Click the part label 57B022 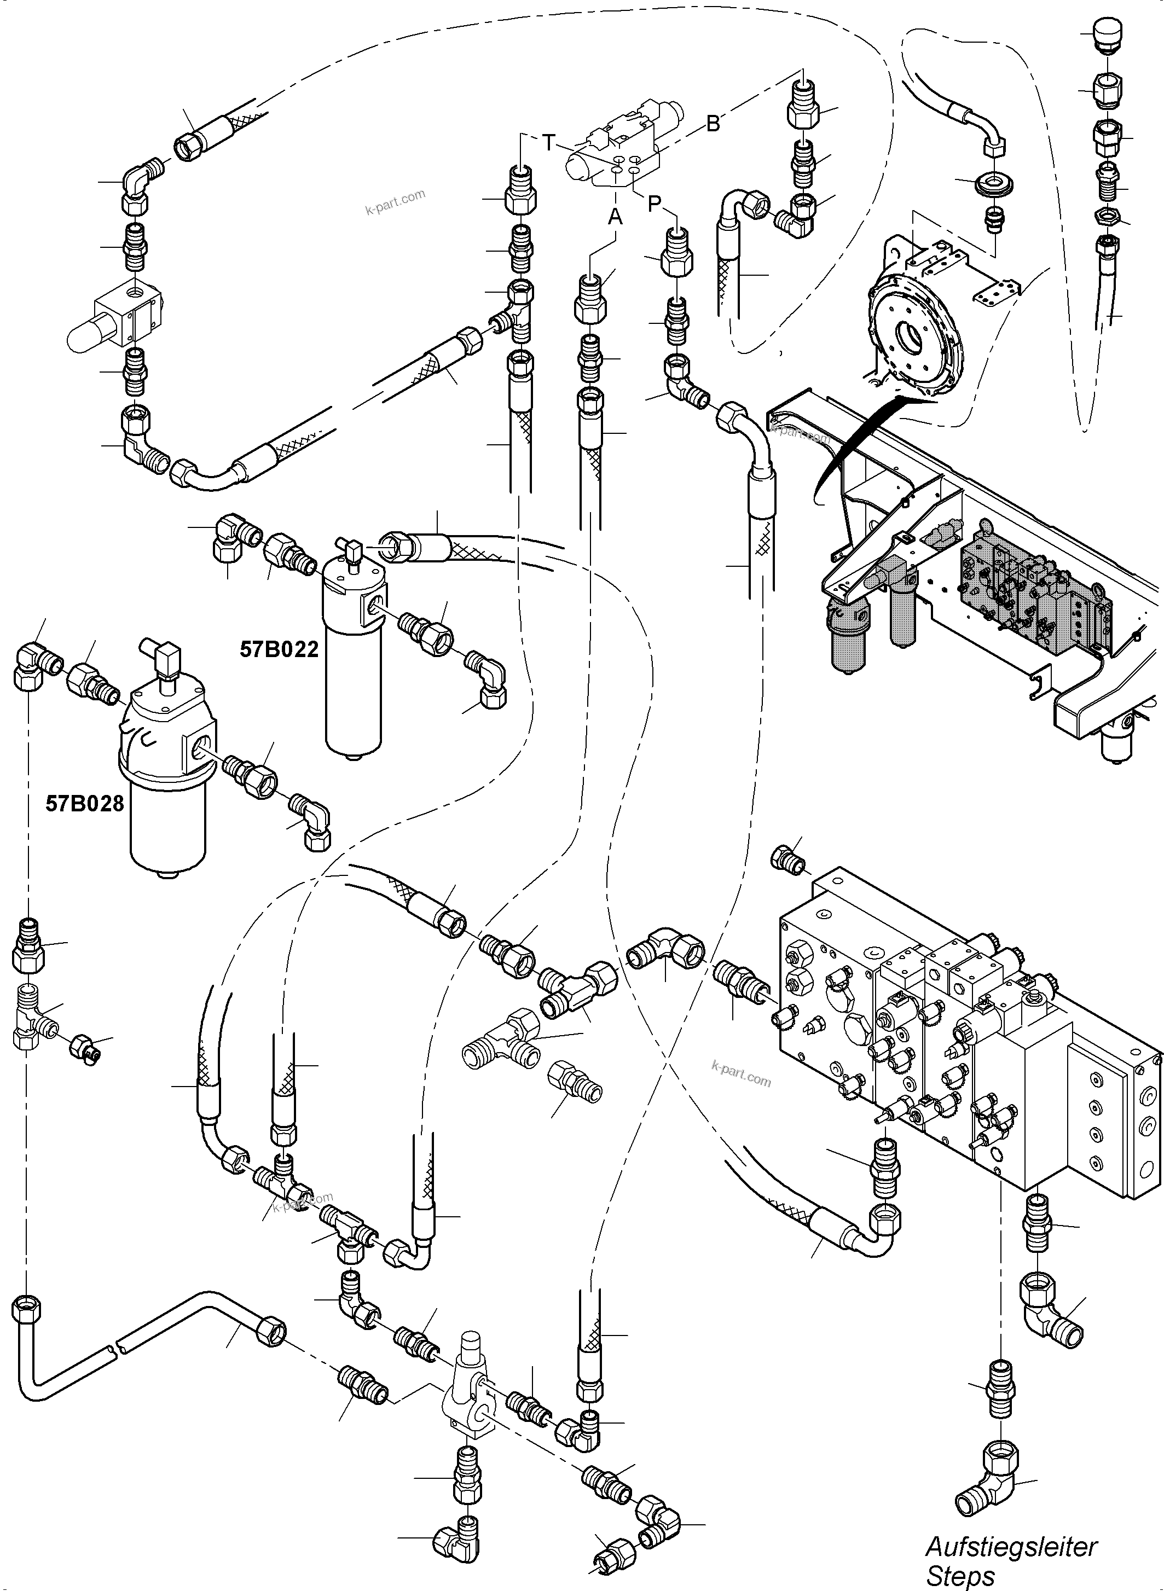279,649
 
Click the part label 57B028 85,803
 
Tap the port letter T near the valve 549,143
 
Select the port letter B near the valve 713,124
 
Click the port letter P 655,204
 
